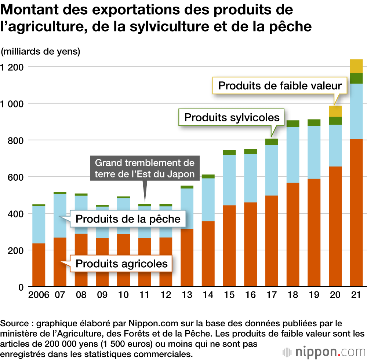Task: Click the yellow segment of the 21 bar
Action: coord(356,66)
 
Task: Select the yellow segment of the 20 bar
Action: coord(335,111)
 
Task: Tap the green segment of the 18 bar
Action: coord(292,124)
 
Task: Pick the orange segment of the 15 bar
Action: coord(229,246)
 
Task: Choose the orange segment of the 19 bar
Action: coord(314,232)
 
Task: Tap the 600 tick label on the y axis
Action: coord(17,177)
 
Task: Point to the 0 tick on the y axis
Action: coord(22,287)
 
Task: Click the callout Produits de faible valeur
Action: coord(280,86)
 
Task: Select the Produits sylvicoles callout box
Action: coord(232,117)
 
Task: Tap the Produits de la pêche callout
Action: coord(128,219)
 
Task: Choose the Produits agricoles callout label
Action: coord(121,263)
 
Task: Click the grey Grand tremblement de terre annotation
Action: coord(145,168)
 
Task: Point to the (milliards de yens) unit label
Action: coord(41,52)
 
